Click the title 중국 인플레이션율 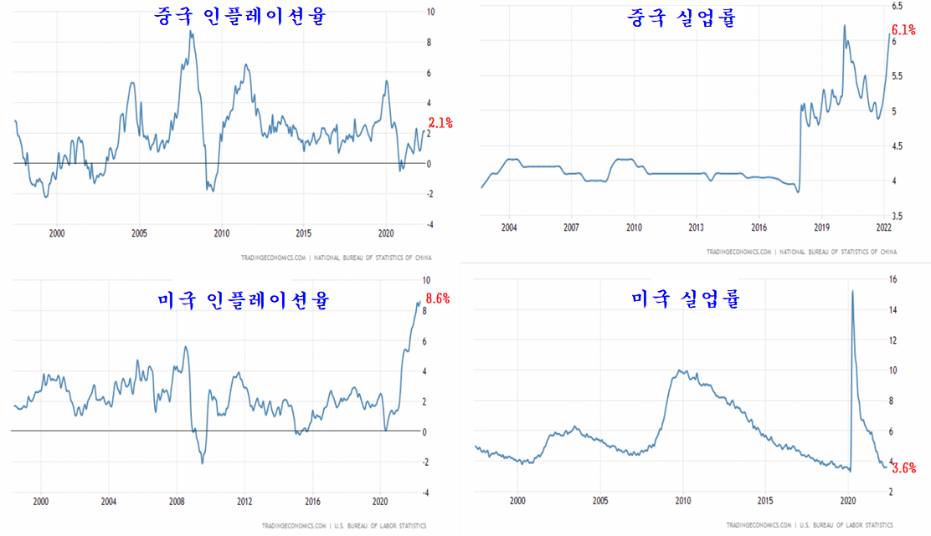239,16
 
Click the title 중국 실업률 682,18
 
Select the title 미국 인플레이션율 243,299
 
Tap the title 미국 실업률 686,299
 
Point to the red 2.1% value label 440,123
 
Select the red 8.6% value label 439,298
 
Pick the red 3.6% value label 903,468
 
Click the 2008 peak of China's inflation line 191,32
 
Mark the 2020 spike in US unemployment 852,291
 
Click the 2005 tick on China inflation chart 139,233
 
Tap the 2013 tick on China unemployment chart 697,227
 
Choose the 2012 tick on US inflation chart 244,503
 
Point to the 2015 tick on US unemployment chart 764,501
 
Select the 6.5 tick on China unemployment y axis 897,6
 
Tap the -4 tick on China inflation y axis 429,224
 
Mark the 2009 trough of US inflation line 202,462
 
